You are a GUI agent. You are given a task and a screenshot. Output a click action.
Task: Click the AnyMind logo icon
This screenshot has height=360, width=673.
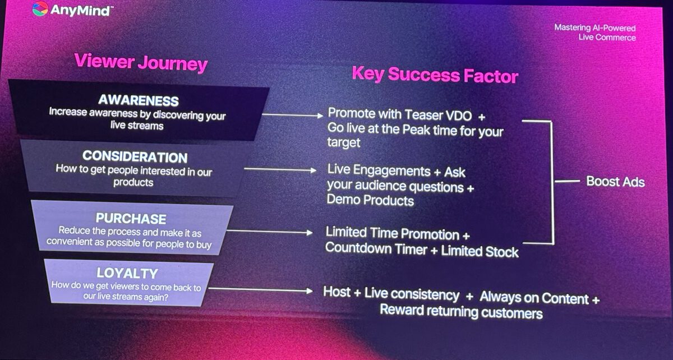40,9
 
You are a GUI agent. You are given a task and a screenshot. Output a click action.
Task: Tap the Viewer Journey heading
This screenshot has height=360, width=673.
141,62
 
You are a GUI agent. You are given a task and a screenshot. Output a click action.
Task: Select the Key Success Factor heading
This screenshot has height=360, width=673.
435,75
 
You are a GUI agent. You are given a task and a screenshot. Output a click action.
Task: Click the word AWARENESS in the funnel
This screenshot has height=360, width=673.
139,100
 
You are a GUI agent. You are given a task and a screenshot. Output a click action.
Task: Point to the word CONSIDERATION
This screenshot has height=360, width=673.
135,156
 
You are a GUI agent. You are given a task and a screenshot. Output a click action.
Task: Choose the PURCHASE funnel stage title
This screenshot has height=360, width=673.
131,219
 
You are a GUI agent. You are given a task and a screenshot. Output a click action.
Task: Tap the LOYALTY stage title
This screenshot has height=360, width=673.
127,273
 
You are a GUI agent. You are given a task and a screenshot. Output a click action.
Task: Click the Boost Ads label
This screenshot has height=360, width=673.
616,182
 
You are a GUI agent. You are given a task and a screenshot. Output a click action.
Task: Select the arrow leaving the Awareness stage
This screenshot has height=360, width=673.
293,115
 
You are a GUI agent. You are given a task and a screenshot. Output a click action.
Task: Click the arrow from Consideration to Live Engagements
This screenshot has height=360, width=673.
280,170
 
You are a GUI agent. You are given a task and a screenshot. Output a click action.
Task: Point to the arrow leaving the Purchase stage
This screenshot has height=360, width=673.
270,232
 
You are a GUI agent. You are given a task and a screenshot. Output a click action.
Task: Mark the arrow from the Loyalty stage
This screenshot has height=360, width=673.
260,290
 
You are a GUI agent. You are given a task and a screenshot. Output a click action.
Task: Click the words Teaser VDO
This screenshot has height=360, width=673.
439,115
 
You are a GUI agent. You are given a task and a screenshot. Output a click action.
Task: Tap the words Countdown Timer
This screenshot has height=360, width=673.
376,248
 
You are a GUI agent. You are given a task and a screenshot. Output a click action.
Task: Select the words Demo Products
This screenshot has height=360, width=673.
370,200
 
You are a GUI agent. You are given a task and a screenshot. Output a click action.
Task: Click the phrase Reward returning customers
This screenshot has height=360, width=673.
461,311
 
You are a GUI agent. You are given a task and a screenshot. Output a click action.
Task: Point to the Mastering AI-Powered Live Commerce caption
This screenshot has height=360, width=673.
595,33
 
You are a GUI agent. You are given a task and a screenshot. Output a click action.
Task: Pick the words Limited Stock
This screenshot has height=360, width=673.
480,251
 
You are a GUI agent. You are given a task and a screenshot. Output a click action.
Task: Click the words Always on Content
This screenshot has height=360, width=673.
534,298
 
